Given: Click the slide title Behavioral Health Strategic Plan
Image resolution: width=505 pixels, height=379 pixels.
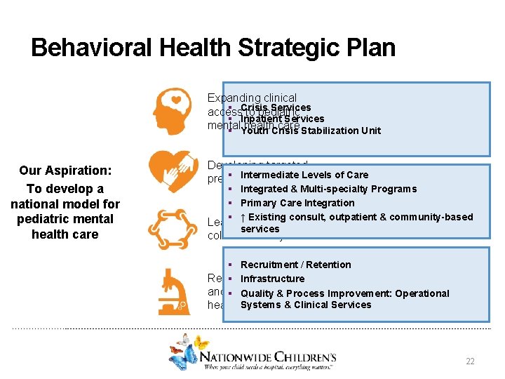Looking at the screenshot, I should point(213,48).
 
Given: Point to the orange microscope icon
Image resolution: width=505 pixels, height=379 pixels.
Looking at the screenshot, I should point(170,290).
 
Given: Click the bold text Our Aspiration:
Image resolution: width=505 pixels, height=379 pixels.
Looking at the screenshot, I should point(65,171).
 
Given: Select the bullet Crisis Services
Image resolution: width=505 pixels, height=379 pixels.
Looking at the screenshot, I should point(275,108).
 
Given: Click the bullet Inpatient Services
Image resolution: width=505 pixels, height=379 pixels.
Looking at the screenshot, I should point(282,119).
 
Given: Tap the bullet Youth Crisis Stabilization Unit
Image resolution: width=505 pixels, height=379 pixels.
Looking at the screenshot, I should point(310,131).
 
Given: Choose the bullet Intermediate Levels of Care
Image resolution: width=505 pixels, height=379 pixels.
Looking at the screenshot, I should point(304,175).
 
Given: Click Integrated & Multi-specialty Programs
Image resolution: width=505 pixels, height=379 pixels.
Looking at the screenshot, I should point(328,189).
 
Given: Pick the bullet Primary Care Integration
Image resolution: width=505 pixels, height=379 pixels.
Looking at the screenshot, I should point(297,203).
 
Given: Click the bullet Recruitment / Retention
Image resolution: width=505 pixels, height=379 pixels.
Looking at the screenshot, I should point(295,265).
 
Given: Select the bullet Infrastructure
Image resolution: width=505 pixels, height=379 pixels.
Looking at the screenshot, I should point(272,279).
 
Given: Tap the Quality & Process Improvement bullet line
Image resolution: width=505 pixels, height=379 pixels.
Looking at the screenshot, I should point(344,293).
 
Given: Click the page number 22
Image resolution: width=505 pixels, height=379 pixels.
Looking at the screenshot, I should point(470,361).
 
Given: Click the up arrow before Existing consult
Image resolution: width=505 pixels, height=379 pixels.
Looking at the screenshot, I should point(243,217).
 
